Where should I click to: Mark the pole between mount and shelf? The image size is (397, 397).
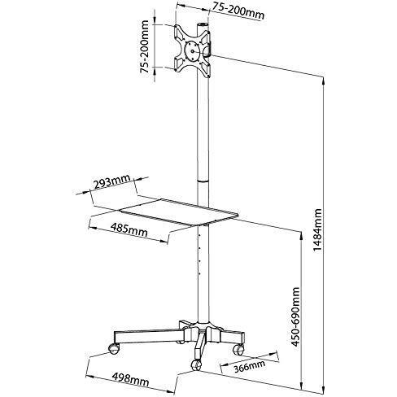click(x=199, y=130)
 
